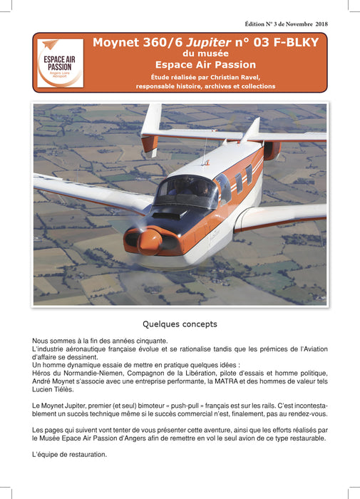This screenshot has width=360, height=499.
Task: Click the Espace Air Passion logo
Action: point(60,63)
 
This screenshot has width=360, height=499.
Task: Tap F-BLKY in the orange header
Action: point(291,42)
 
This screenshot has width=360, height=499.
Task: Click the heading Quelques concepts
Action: point(180,324)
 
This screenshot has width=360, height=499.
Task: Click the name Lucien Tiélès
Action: point(53,390)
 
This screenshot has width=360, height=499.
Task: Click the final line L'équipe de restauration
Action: point(69,454)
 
